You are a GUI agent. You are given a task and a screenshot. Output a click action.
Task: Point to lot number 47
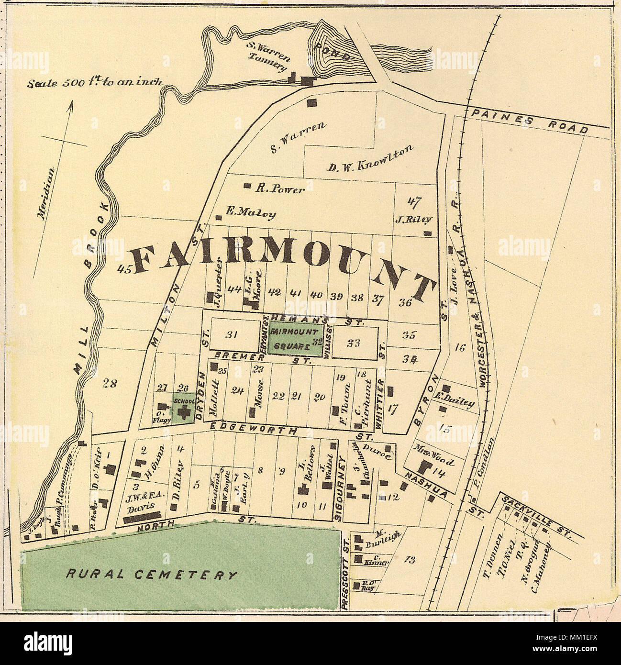tap(414, 202)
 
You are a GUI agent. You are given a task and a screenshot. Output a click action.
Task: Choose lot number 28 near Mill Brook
tap(110, 382)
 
